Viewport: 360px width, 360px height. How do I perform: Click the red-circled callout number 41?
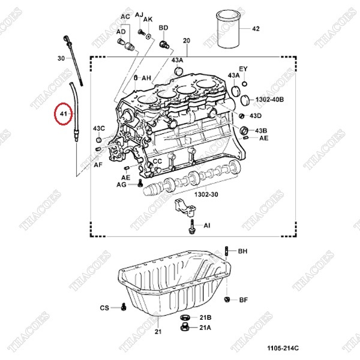pyautogui.click(x=62, y=113)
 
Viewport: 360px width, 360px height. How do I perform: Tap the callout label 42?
pyautogui.click(x=256, y=28)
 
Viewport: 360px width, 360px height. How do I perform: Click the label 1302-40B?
pyautogui.click(x=269, y=98)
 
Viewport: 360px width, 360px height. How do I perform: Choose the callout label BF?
pyautogui.click(x=243, y=299)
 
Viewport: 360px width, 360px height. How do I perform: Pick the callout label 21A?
pyautogui.click(x=205, y=328)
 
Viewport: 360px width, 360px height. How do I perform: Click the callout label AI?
pyautogui.click(x=207, y=226)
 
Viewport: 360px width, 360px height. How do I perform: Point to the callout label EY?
pyautogui.click(x=243, y=69)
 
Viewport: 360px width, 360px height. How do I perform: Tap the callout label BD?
pyautogui.click(x=163, y=28)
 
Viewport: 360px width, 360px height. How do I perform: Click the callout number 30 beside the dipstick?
pyautogui.click(x=61, y=58)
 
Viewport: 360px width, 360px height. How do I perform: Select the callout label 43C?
pyautogui.click(x=98, y=128)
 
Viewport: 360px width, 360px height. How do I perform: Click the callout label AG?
pyautogui.click(x=121, y=186)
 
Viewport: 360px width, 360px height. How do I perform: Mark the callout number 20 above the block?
pyautogui.click(x=186, y=40)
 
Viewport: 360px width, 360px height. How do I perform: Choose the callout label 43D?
pyautogui.click(x=256, y=115)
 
